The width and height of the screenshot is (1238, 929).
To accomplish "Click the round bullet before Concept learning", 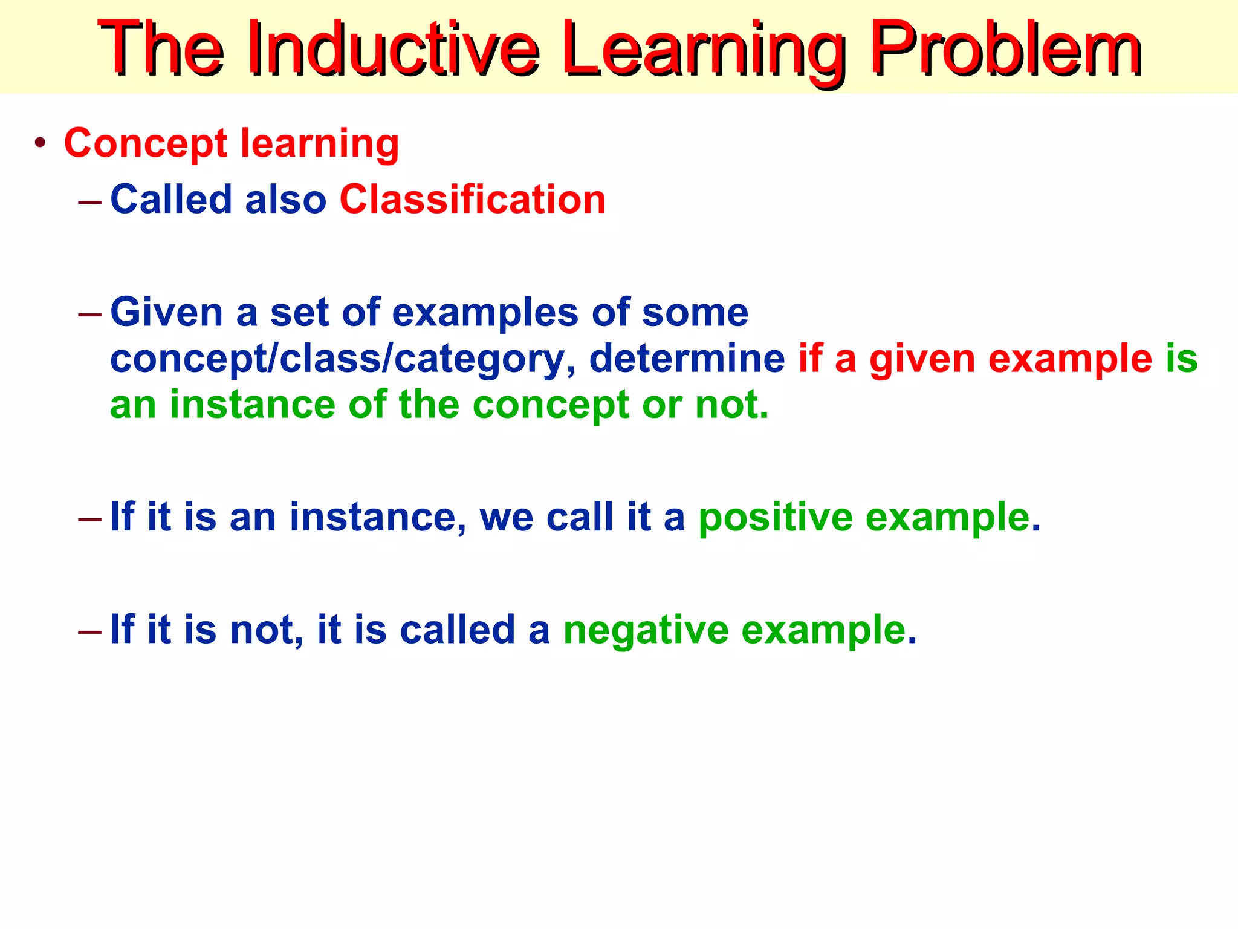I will point(41,144).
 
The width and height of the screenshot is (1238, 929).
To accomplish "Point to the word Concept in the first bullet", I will point(146,144).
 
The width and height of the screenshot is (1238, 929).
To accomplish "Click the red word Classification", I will point(472,200).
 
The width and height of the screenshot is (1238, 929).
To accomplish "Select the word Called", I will point(171,200).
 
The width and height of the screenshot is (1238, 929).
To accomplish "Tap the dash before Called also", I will point(90,200).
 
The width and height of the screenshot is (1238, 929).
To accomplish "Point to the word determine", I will point(686,359).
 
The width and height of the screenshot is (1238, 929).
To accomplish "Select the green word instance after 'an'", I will point(252,405).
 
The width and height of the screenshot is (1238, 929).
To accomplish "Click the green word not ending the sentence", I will point(731,405).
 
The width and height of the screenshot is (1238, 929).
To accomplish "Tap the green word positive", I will point(776,518).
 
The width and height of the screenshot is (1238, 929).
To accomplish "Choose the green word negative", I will point(646,631).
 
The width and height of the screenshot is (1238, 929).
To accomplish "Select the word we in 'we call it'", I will point(507,518).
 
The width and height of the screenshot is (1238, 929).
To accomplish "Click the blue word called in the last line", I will point(457,630).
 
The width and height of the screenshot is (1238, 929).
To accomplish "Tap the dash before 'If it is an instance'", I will point(90,518).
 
